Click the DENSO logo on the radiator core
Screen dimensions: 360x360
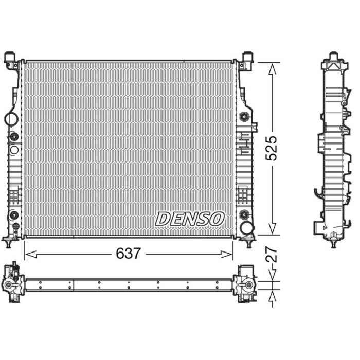tap(190, 219)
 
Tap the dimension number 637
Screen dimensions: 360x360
tap(129, 254)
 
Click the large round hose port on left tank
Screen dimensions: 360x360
tap(11, 119)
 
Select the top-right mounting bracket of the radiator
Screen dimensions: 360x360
tap(247, 60)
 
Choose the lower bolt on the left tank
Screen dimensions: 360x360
tap(14, 213)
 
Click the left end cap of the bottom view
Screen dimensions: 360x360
tap(12, 284)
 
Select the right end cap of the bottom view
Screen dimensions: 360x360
tap(245, 284)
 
